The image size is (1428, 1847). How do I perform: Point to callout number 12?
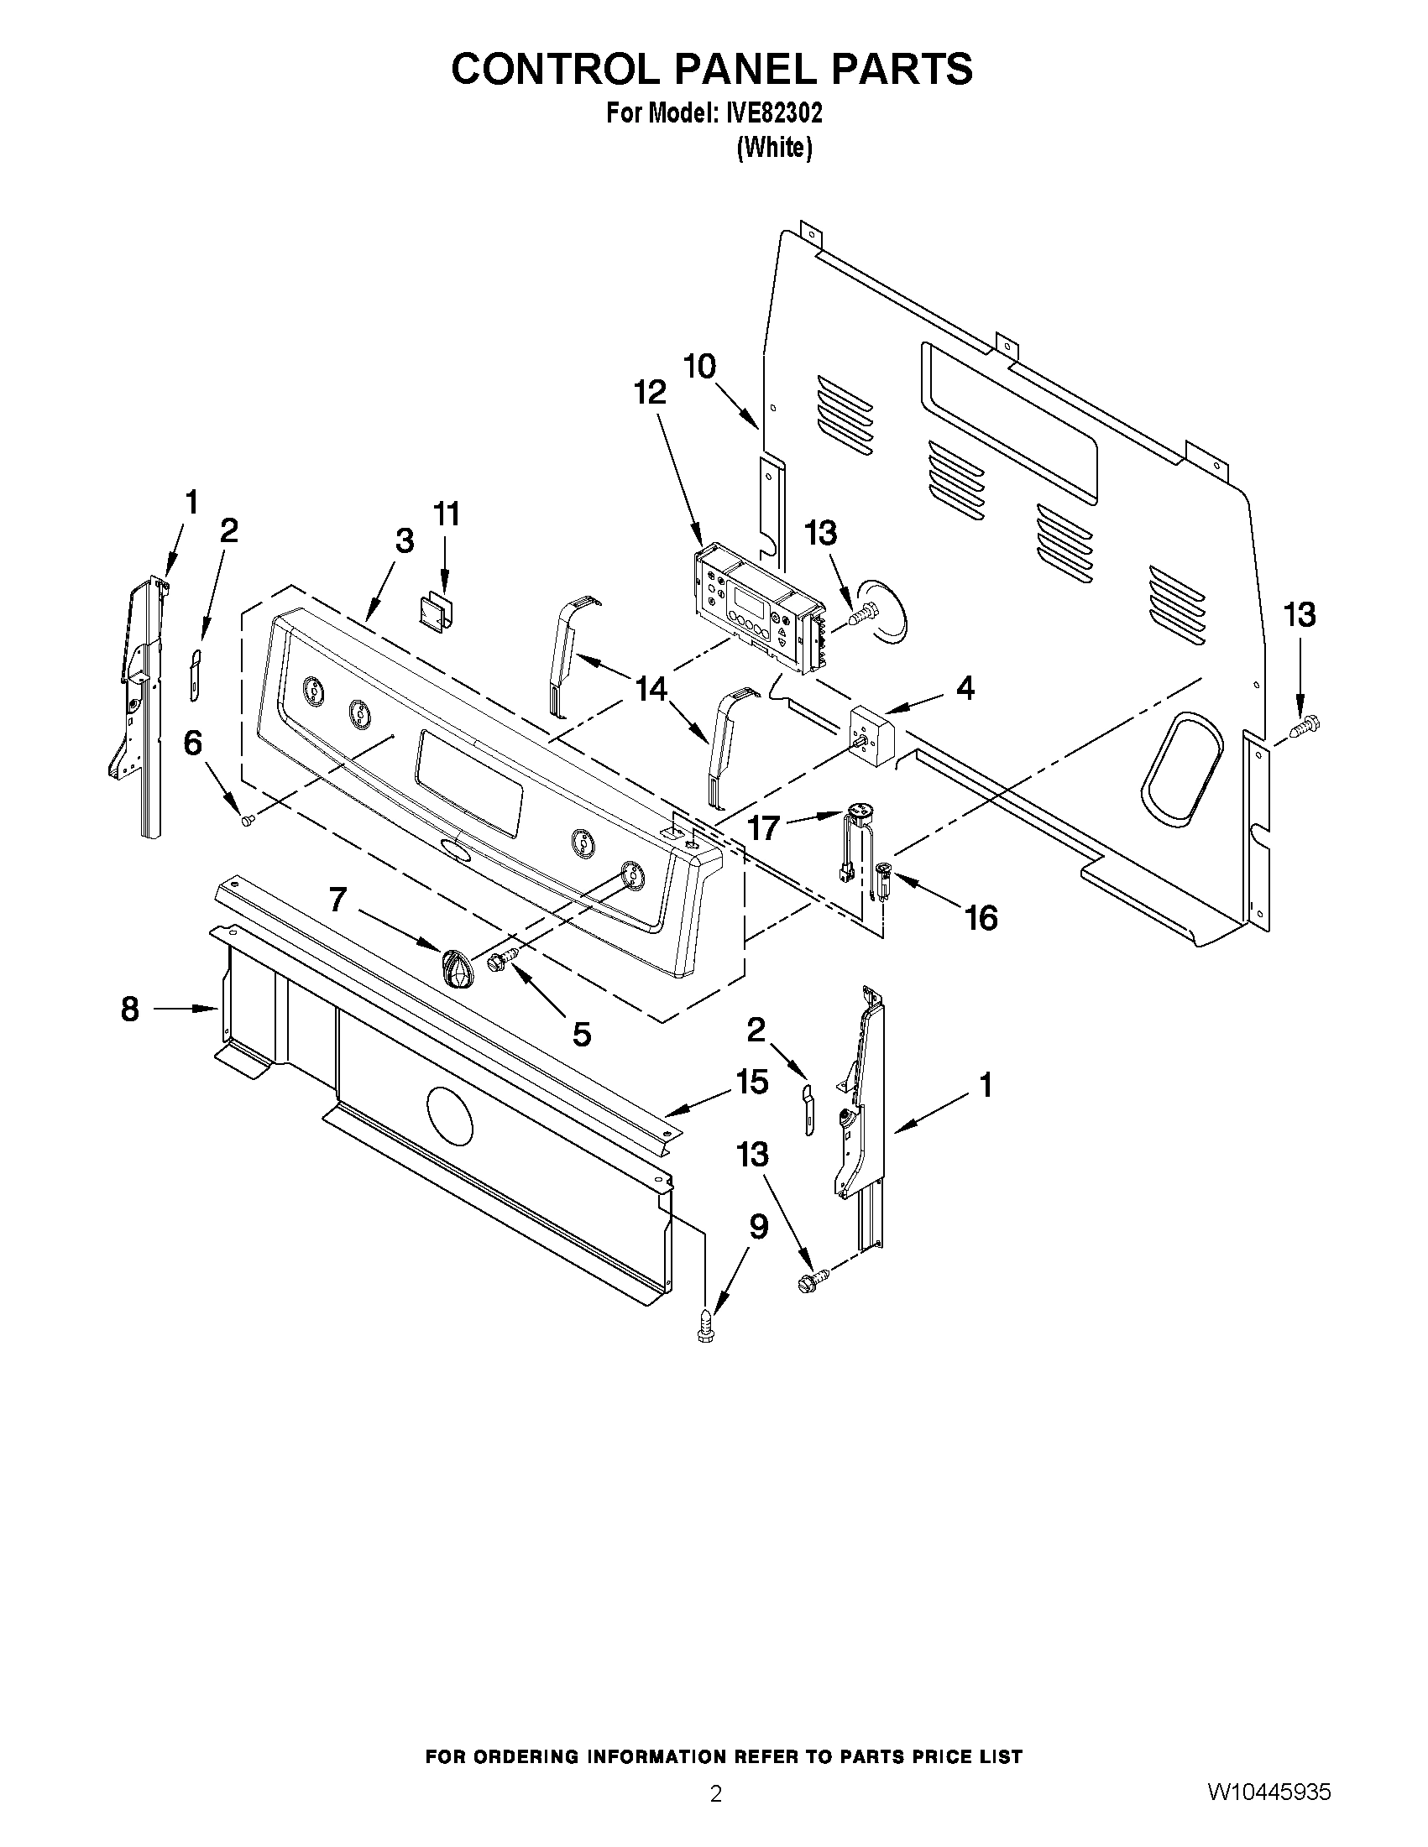pyautogui.click(x=651, y=393)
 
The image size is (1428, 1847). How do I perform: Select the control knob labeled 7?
pyautogui.click(x=458, y=967)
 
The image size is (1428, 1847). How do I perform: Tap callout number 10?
pyautogui.click(x=699, y=366)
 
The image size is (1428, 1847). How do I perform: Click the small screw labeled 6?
pyautogui.click(x=248, y=819)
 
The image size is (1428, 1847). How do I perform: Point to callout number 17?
pyautogui.click(x=763, y=827)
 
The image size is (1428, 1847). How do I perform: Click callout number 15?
pyautogui.click(x=752, y=1081)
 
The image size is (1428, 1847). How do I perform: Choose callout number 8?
pyautogui.click(x=129, y=1008)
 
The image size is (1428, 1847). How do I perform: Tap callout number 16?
pyautogui.click(x=981, y=916)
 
